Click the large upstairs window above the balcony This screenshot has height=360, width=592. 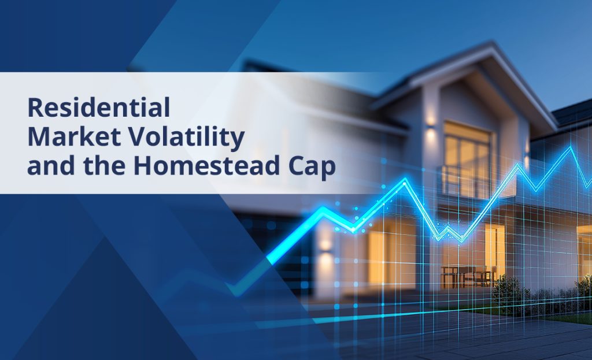(467, 158)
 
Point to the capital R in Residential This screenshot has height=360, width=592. (34, 107)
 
